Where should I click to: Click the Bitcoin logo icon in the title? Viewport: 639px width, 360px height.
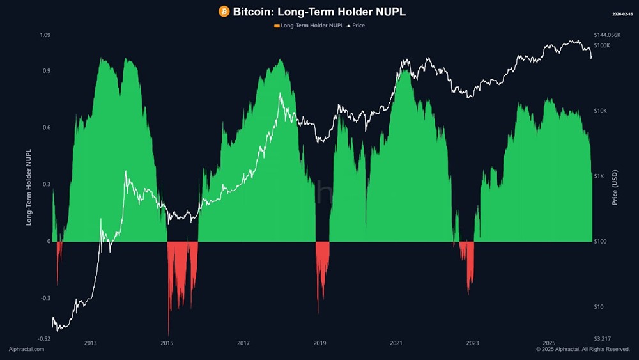point(224,12)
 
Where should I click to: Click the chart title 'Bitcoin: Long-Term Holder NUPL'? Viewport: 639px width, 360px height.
point(319,12)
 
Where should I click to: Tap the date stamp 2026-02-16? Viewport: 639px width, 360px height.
point(621,13)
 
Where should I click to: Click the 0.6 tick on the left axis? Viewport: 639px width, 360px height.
point(46,128)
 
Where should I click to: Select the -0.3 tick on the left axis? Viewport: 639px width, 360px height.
point(45,298)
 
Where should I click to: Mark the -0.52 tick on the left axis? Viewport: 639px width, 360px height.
point(43,338)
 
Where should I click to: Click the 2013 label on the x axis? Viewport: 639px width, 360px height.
point(90,343)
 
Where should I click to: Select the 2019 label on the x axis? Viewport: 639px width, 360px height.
point(319,343)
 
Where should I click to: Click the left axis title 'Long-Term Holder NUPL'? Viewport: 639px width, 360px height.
point(29,185)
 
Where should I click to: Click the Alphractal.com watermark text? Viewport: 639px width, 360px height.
point(26,350)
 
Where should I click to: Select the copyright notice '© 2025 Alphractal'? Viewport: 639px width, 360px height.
point(583,350)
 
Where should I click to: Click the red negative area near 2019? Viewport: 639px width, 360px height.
point(322,256)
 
